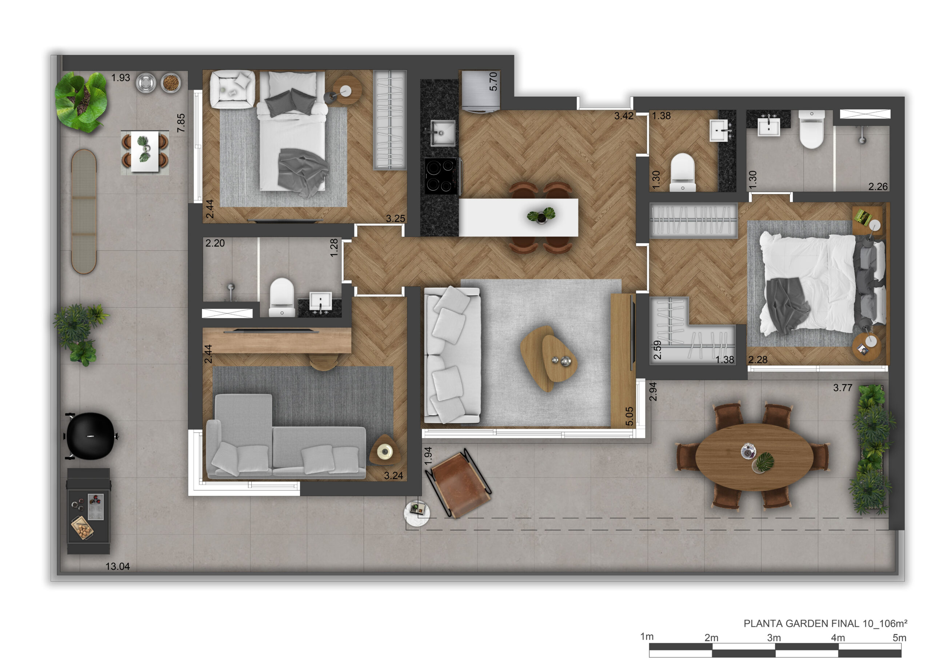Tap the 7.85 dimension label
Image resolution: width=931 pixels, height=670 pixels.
(x=181, y=123)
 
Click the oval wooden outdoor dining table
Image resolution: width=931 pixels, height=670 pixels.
(x=754, y=457)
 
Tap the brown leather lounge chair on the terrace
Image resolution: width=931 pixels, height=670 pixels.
(x=459, y=483)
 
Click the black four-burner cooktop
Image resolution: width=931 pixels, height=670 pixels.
(x=441, y=176)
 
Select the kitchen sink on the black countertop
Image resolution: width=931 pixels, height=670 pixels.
(x=442, y=133)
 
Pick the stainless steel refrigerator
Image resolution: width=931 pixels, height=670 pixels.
(x=481, y=91)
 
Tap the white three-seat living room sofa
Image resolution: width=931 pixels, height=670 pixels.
(x=452, y=355)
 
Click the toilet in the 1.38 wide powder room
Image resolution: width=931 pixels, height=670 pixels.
(x=682, y=172)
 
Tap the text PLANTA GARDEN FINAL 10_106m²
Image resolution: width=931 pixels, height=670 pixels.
(x=826, y=623)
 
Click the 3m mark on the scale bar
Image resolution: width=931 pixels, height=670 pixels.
(x=774, y=638)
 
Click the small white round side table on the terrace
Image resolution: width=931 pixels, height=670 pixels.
(x=417, y=513)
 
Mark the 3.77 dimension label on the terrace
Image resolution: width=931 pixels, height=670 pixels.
(x=842, y=388)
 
